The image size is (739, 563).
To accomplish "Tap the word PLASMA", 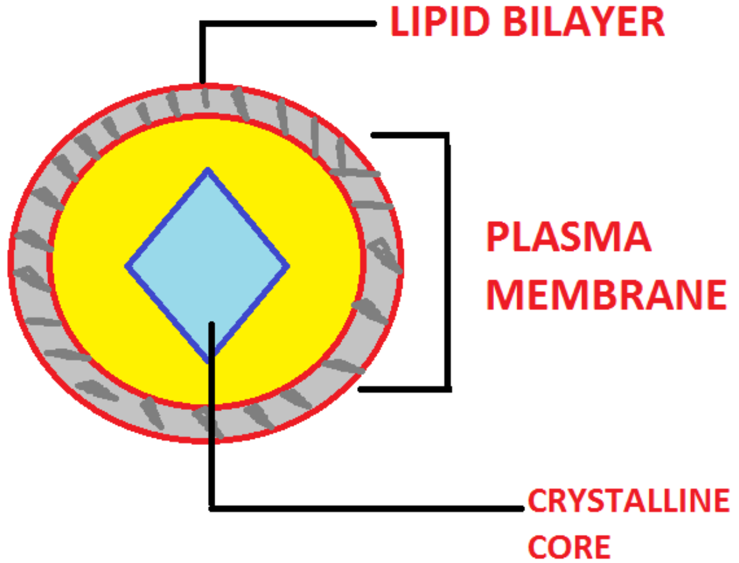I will [x=568, y=237].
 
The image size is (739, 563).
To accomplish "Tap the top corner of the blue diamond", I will [x=208, y=170].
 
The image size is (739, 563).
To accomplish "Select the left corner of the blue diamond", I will [x=128, y=266].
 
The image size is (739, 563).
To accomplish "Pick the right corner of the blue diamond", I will [x=288, y=266].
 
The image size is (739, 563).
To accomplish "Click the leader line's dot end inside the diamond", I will [x=211, y=324].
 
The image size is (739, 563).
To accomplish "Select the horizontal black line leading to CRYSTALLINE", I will [x=368, y=508].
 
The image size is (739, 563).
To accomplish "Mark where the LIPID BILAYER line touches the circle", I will [x=202, y=84].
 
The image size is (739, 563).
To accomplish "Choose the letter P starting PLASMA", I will [x=497, y=237].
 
